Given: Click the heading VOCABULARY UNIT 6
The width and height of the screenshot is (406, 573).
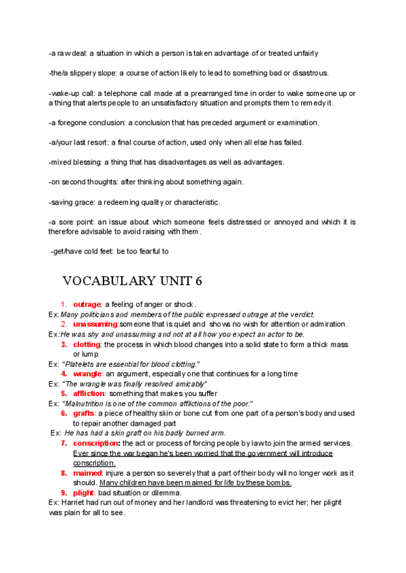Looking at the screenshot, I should coord(132,280).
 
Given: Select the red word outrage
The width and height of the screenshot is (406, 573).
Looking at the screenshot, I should coord(87,305).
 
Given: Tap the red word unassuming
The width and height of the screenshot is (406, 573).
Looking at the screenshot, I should coord(95,324).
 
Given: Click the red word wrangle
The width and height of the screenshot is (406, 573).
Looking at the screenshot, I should coord(87,374).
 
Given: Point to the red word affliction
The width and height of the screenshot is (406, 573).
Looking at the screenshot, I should coord(89,393).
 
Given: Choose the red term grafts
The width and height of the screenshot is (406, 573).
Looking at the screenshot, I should coord(84,413).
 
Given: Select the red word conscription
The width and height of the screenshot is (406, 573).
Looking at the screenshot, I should coord(96,443).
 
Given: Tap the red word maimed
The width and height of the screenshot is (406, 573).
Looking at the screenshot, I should coord(87,473).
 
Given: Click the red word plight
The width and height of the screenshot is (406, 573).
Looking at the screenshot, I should coord(84,493).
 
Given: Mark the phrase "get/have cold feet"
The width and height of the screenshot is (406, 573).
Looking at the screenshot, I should coord(81,252).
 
